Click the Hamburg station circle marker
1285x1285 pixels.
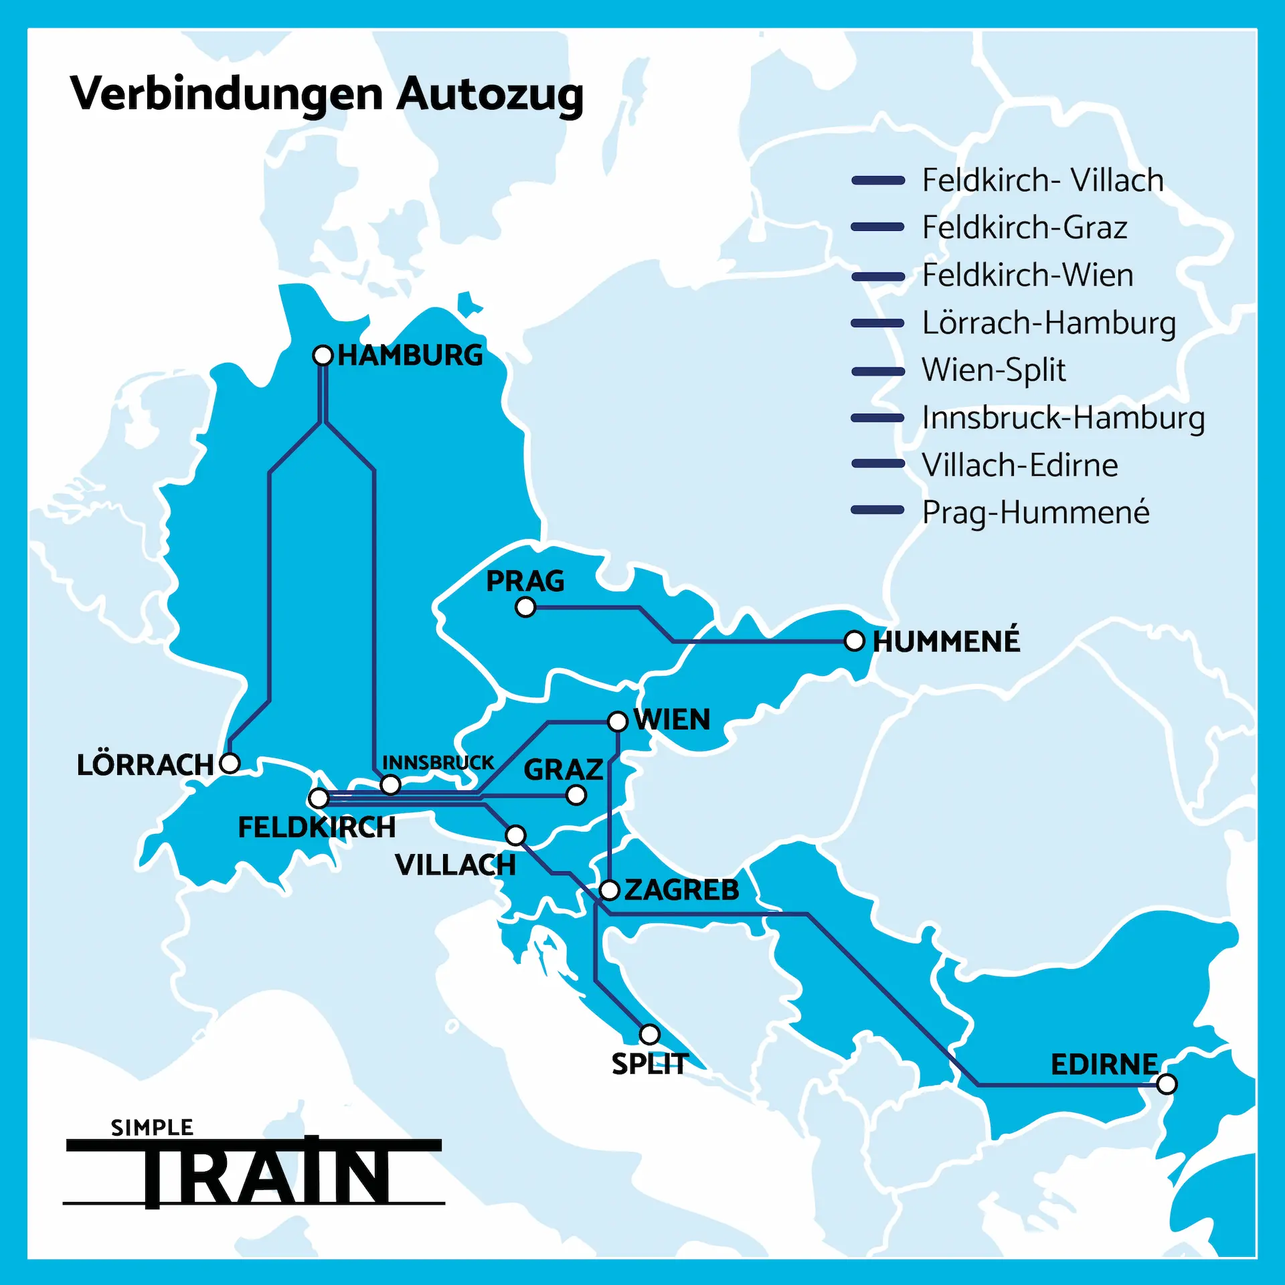point(323,355)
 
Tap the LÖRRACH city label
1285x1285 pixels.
point(145,765)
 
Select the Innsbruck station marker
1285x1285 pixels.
point(390,784)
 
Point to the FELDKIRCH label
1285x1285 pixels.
point(317,827)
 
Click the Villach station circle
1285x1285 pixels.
point(515,835)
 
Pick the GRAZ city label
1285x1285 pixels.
point(564,770)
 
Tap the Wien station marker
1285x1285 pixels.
point(618,721)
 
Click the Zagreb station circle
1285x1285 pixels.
point(610,890)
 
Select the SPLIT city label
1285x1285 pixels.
point(649,1064)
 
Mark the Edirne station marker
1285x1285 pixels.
point(1167,1084)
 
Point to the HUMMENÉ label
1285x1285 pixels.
point(946,641)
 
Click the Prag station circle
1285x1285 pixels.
point(526,607)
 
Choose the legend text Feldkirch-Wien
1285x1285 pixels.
point(1027,275)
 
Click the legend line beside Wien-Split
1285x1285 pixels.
point(877,371)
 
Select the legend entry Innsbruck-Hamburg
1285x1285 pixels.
point(1063,418)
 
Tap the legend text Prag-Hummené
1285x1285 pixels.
point(1035,513)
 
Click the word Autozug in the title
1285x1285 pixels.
point(490,94)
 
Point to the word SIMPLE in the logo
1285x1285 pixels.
point(152,1128)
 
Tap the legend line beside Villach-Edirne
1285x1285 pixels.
point(877,464)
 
